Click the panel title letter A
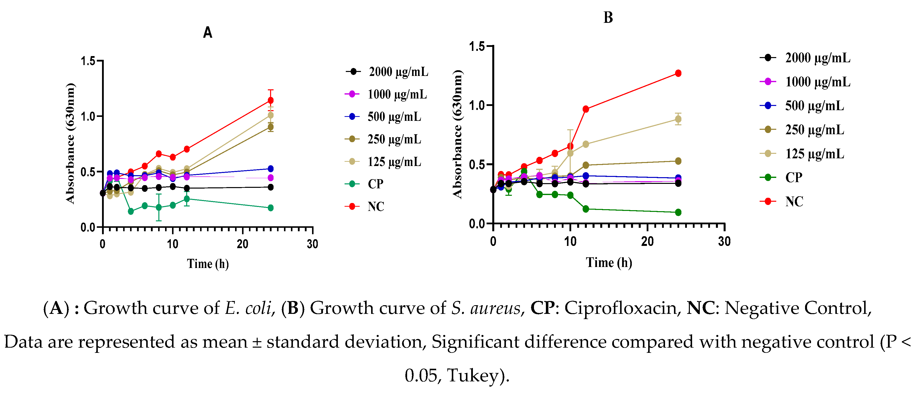(208, 33)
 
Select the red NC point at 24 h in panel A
(271, 100)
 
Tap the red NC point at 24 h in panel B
(678, 73)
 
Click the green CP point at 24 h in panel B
(678, 212)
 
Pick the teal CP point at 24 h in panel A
(271, 208)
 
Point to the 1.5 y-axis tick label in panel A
(88, 61)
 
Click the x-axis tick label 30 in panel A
(313, 244)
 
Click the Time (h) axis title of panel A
(208, 264)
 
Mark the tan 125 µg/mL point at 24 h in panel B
(678, 119)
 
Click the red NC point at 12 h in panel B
(586, 109)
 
